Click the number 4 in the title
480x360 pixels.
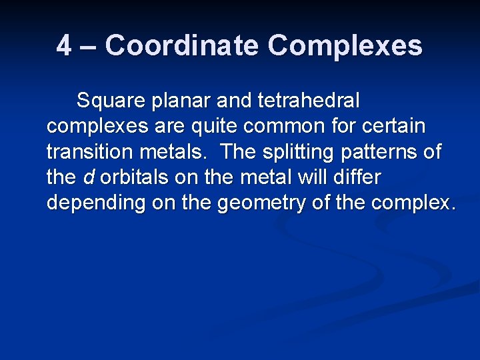coord(64,46)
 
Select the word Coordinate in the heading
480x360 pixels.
coord(183,46)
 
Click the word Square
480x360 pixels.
coord(111,101)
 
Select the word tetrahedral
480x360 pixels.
coord(309,101)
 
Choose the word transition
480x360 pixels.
coord(90,152)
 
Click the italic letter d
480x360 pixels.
coord(88,177)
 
